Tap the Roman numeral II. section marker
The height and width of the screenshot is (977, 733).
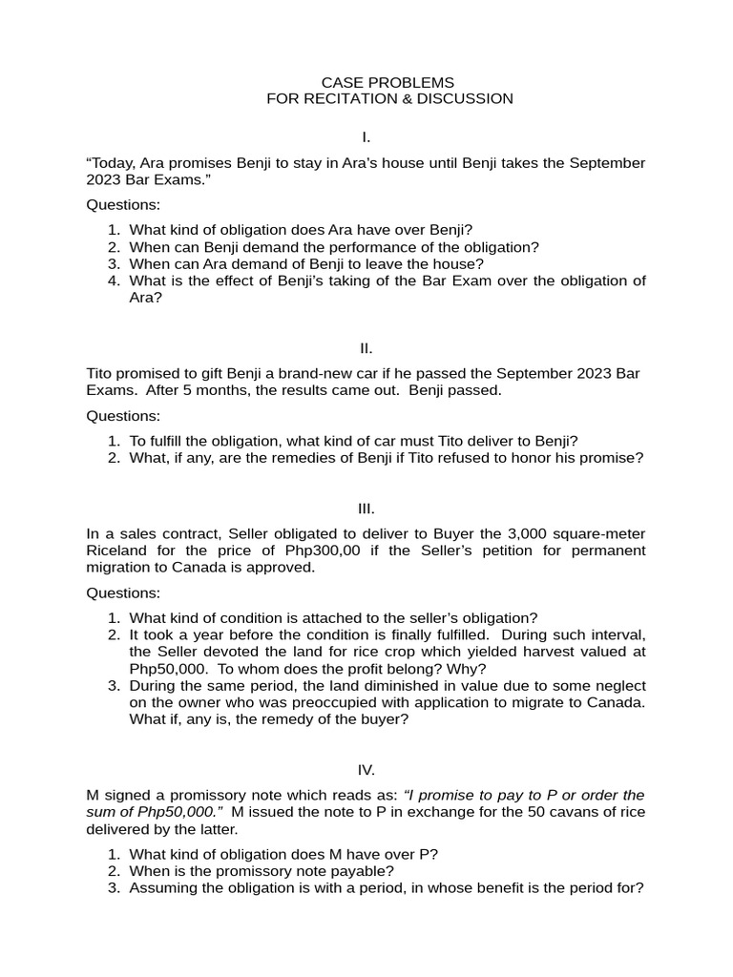point(366,348)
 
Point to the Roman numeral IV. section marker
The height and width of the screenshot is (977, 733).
point(366,770)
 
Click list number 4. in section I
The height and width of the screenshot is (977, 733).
point(114,281)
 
